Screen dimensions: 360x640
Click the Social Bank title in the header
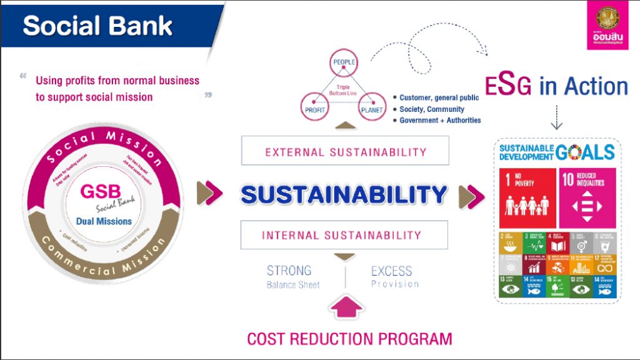click(97, 26)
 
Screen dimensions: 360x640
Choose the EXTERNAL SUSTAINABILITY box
click(346, 152)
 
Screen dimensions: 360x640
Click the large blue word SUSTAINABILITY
click(344, 194)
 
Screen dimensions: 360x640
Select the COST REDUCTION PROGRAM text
click(349, 339)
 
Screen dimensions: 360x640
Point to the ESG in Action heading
click(556, 86)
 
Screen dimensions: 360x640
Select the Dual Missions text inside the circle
click(104, 221)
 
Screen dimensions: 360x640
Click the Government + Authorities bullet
click(440, 120)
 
